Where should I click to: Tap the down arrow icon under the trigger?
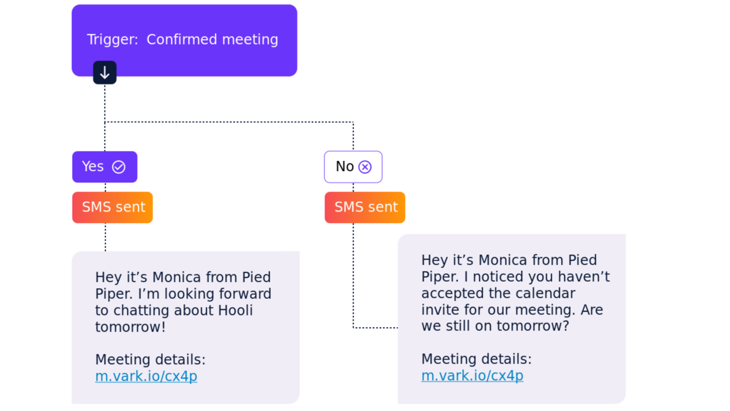click(x=105, y=73)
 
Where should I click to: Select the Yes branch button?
click(x=105, y=167)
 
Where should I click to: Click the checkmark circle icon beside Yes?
click(x=119, y=167)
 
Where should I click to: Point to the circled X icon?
click(x=364, y=167)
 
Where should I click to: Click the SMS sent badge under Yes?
click(x=113, y=208)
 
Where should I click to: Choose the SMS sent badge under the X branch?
click(x=365, y=208)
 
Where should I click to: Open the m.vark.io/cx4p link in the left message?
click(x=146, y=376)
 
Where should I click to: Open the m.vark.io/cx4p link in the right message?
click(x=472, y=376)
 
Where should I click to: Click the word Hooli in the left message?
click(x=235, y=310)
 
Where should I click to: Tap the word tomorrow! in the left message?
click(x=130, y=327)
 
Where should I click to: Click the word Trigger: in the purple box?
click(x=113, y=39)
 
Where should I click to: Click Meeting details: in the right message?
click(x=476, y=359)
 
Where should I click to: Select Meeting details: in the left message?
click(x=150, y=360)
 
